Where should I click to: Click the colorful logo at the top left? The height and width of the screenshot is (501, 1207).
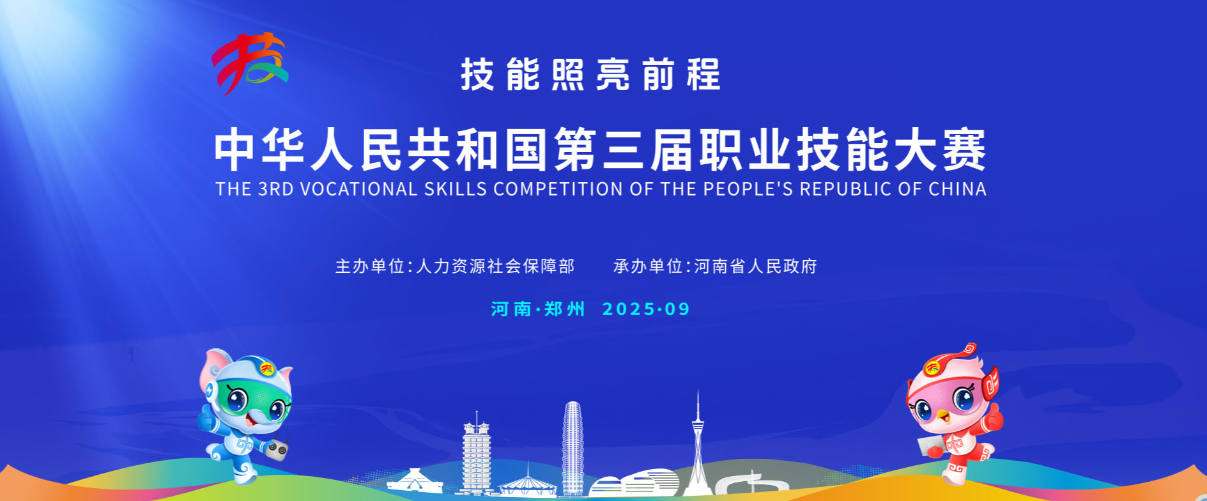(249, 63)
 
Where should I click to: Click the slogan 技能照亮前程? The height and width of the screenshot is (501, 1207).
(590, 75)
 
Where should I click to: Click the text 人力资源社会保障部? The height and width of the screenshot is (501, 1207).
(495, 266)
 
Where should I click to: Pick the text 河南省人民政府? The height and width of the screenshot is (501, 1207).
(755, 266)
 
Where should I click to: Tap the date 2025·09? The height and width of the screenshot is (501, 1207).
(646, 309)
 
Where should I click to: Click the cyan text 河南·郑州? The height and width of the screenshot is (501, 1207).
(538, 309)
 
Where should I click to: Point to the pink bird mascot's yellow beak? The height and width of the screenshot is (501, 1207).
(942, 417)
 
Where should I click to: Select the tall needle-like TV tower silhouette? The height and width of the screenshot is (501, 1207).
(698, 441)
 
